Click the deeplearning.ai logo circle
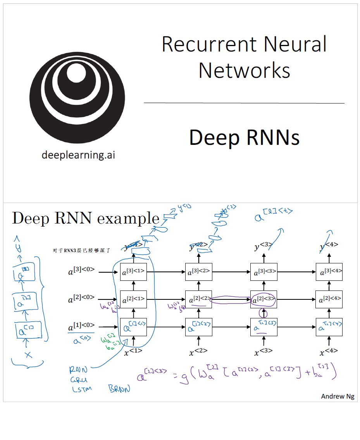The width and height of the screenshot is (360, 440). (x=77, y=97)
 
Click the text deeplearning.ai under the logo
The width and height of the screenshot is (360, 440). (x=78, y=155)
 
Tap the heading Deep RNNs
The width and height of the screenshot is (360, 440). (x=244, y=137)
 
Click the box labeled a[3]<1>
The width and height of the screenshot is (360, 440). (x=133, y=272)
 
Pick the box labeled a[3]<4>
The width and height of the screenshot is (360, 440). (x=329, y=272)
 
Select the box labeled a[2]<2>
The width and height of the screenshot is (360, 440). (x=198, y=299)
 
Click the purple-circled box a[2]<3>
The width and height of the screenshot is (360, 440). (x=264, y=299)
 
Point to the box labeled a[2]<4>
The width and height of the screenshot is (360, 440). (x=329, y=299)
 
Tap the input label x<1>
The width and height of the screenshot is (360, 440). (x=133, y=352)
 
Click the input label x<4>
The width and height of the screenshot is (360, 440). (x=329, y=352)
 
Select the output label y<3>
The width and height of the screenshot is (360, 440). (x=264, y=246)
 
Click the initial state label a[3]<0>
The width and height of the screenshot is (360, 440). (x=81, y=272)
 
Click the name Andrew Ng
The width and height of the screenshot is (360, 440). (x=338, y=396)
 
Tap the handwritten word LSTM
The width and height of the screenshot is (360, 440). (x=82, y=389)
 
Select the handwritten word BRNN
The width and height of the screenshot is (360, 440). (x=119, y=388)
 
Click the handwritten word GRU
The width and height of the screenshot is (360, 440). (x=79, y=380)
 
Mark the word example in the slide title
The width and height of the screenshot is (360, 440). (x=128, y=219)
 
